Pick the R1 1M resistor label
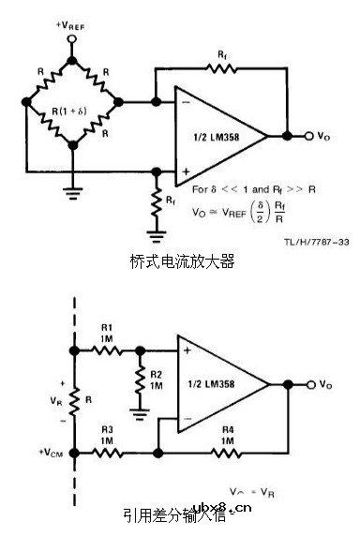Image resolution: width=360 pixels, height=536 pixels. click(x=107, y=332)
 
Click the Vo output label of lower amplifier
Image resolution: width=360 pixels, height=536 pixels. click(x=325, y=384)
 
